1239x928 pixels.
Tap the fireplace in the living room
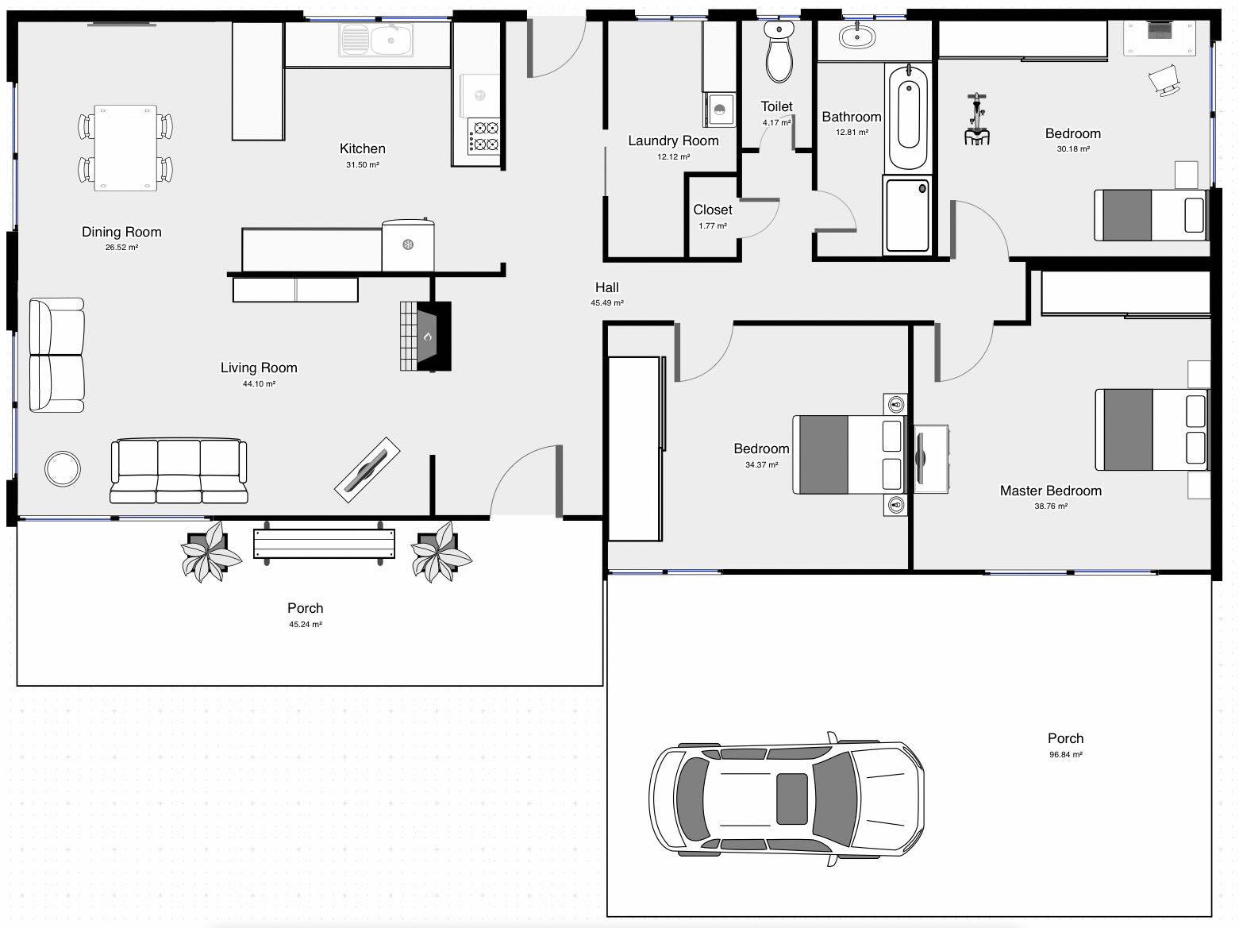pos(426,336)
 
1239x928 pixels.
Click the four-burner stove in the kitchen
pos(484,136)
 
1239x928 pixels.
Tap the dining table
pos(125,148)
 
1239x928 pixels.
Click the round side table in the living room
pos(63,468)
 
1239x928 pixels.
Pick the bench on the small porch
pos(324,544)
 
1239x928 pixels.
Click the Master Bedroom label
pos(1050,491)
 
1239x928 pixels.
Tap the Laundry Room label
pos(673,141)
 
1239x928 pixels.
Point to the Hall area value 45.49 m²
pos(607,303)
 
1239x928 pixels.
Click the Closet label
pos(713,210)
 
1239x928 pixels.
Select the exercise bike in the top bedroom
pos(977,121)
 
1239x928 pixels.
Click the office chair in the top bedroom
pos(1163,79)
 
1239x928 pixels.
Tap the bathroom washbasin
pos(856,37)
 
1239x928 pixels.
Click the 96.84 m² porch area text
pos(1065,755)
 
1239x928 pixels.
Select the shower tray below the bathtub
pos(907,215)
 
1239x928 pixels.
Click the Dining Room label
pos(121,232)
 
